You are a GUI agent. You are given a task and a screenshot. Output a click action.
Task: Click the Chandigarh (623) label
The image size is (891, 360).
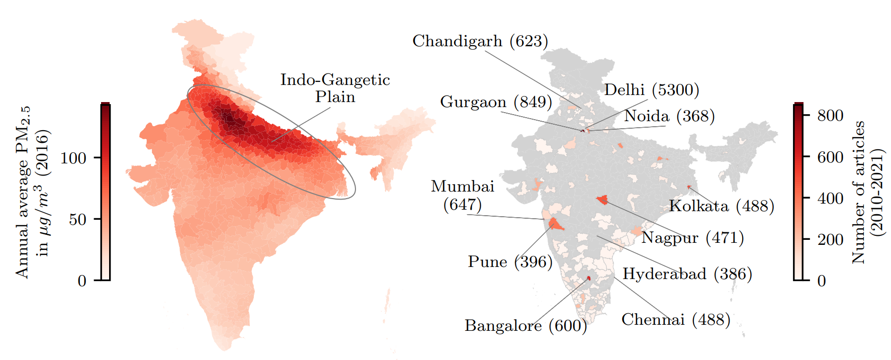(480, 41)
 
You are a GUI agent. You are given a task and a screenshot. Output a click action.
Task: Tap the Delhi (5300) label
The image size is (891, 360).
(651, 90)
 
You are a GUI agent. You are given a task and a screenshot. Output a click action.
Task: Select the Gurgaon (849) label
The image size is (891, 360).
(496, 102)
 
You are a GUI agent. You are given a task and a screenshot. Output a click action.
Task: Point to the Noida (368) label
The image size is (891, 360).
(669, 116)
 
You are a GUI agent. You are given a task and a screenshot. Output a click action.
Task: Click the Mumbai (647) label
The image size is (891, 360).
(463, 195)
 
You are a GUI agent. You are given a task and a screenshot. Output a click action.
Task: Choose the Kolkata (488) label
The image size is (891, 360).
(721, 206)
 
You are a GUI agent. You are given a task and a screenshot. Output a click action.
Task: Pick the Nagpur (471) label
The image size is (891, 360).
(692, 237)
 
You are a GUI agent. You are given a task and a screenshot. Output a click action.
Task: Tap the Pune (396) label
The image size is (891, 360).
(510, 262)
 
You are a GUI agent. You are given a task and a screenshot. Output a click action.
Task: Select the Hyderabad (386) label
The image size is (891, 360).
(687, 274)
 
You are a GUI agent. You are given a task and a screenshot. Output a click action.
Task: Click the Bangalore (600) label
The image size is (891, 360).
(525, 326)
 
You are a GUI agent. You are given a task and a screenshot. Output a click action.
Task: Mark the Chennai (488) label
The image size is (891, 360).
(676, 320)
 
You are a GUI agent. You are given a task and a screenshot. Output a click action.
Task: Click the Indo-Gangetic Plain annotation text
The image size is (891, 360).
(335, 88)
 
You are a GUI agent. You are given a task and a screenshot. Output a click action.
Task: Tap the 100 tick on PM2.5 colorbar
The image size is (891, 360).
(73, 158)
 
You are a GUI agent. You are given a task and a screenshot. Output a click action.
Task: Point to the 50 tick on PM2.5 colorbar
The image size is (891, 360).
(78, 219)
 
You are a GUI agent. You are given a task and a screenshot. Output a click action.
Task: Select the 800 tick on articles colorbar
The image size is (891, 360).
(830, 116)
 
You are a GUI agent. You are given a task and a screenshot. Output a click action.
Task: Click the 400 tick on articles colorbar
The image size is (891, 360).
(830, 198)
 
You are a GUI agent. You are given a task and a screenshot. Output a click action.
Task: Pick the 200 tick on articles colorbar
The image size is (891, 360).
(830, 239)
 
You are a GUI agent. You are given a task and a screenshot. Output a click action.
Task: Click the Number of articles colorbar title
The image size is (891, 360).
(867, 192)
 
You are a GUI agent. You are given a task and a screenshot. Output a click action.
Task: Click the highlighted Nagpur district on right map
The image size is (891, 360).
(602, 200)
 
